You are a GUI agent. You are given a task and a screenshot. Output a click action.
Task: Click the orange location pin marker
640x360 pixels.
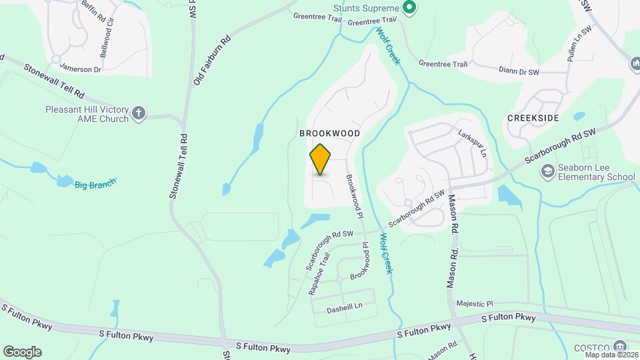(321, 159)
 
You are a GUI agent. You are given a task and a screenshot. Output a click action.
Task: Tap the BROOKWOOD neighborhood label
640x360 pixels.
(329, 133)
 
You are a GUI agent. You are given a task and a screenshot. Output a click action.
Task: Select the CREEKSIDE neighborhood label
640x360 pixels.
(533, 117)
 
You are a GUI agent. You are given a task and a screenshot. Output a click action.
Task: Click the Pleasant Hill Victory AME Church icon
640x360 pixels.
(139, 113)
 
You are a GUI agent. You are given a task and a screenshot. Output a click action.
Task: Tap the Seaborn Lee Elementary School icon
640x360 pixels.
(548, 171)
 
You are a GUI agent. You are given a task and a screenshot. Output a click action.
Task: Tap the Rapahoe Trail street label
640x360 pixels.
(319, 273)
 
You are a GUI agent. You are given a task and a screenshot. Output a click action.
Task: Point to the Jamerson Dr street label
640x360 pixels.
(80, 68)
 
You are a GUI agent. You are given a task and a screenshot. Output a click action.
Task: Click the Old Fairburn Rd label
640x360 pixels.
(212, 61)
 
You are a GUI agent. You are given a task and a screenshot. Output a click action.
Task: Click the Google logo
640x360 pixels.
(22, 352)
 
